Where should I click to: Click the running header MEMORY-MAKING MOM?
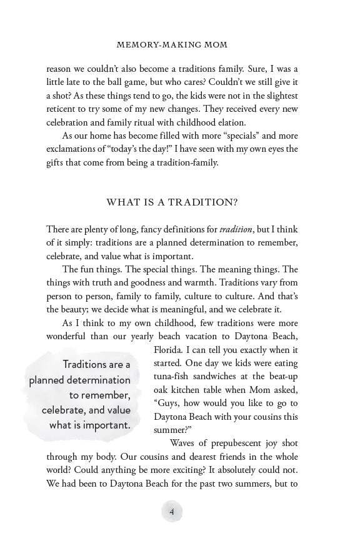[172, 45]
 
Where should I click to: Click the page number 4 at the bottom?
[172, 512]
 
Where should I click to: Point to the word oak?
[162, 390]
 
